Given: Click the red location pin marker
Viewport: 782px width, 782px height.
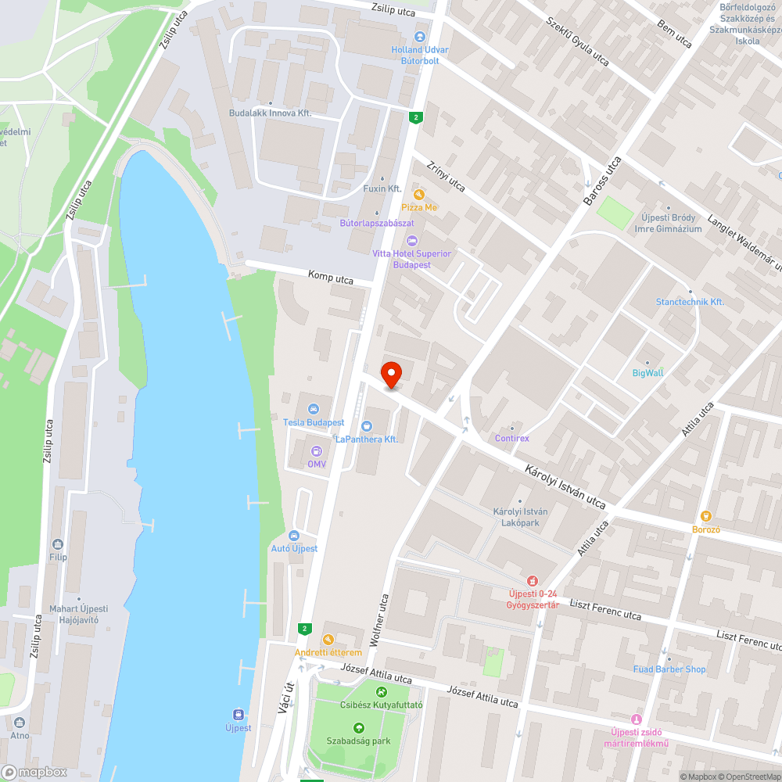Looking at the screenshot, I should (391, 374).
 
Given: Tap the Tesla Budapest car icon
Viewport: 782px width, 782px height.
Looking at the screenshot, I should (314, 409).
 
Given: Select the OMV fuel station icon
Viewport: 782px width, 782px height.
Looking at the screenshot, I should (316, 451).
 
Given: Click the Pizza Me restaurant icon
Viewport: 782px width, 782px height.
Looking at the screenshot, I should (419, 194).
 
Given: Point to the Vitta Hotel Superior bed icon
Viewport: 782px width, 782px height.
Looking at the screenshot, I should (412, 240).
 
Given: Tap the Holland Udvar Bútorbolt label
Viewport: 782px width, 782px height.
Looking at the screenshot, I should (420, 55).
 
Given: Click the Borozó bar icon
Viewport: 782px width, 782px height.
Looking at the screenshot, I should (705, 515).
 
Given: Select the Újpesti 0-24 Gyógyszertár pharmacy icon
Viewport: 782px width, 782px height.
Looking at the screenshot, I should (532, 581).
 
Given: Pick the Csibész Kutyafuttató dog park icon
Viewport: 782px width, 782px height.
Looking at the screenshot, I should (381, 691).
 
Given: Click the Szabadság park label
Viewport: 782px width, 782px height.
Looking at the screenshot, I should (359, 741).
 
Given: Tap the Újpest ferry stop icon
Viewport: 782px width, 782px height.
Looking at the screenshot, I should (239, 714).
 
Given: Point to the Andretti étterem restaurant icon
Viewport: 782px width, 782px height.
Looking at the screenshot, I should (328, 639).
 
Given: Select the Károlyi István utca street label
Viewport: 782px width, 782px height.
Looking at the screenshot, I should (565, 486).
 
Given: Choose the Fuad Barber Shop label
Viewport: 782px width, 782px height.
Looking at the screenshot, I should (669, 669).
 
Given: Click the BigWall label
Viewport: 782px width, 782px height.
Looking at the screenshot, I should (647, 373).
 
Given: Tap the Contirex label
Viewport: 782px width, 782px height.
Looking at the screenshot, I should (512, 438).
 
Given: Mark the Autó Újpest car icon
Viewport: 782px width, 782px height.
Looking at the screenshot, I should (294, 536).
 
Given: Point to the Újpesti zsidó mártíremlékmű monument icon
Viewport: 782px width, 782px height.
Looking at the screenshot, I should (636, 719).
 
